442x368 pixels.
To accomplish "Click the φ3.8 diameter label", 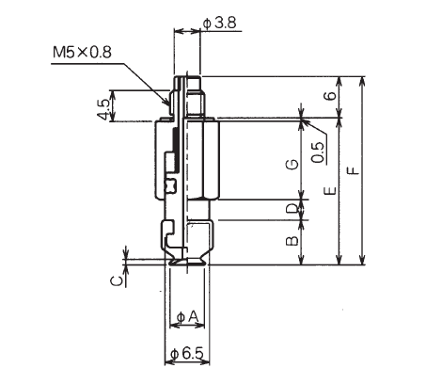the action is (219, 24).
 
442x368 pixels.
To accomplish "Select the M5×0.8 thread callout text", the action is (82, 52).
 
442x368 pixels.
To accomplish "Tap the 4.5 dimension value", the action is (103, 109).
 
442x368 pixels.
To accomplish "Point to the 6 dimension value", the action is (331, 96).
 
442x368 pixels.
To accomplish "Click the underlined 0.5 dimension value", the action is (319, 152).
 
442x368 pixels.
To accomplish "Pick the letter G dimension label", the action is (292, 164).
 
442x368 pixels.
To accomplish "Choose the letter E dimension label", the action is (331, 190).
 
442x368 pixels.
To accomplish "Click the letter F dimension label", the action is (354, 171).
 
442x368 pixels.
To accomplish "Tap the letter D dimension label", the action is (292, 209).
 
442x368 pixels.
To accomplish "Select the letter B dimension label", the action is (292, 241).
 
